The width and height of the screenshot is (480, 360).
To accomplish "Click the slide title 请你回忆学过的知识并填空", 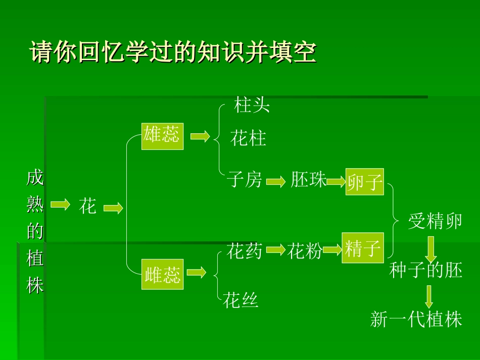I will click(173, 52).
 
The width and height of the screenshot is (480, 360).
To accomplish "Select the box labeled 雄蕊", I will click(162, 136).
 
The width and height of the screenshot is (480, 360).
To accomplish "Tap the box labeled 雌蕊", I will click(162, 274).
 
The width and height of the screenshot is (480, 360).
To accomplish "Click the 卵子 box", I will click(365, 181).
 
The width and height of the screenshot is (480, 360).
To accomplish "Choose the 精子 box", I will click(363, 248).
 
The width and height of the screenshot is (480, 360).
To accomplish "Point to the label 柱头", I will click(252, 106).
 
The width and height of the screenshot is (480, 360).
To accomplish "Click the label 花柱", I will click(249, 138).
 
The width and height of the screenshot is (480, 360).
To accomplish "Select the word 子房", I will click(245, 179).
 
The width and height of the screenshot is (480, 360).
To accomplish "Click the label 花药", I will click(245, 251).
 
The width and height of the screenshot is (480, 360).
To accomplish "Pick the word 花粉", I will click(305, 251).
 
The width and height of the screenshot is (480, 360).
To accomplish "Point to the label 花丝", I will click(241, 300).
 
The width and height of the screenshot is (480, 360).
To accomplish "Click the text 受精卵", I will click(435, 221).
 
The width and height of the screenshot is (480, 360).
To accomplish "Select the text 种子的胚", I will click(426, 271).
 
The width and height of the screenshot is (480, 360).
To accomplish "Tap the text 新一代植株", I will click(416, 319).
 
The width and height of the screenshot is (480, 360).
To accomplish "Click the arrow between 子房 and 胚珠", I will click(276, 182).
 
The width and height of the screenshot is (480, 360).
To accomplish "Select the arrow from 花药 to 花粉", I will click(275, 249).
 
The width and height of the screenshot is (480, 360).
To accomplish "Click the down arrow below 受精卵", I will click(430, 248).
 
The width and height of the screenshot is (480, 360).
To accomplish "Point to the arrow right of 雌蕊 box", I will click(197, 273).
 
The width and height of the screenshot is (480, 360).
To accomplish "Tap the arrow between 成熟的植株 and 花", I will click(60, 204).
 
